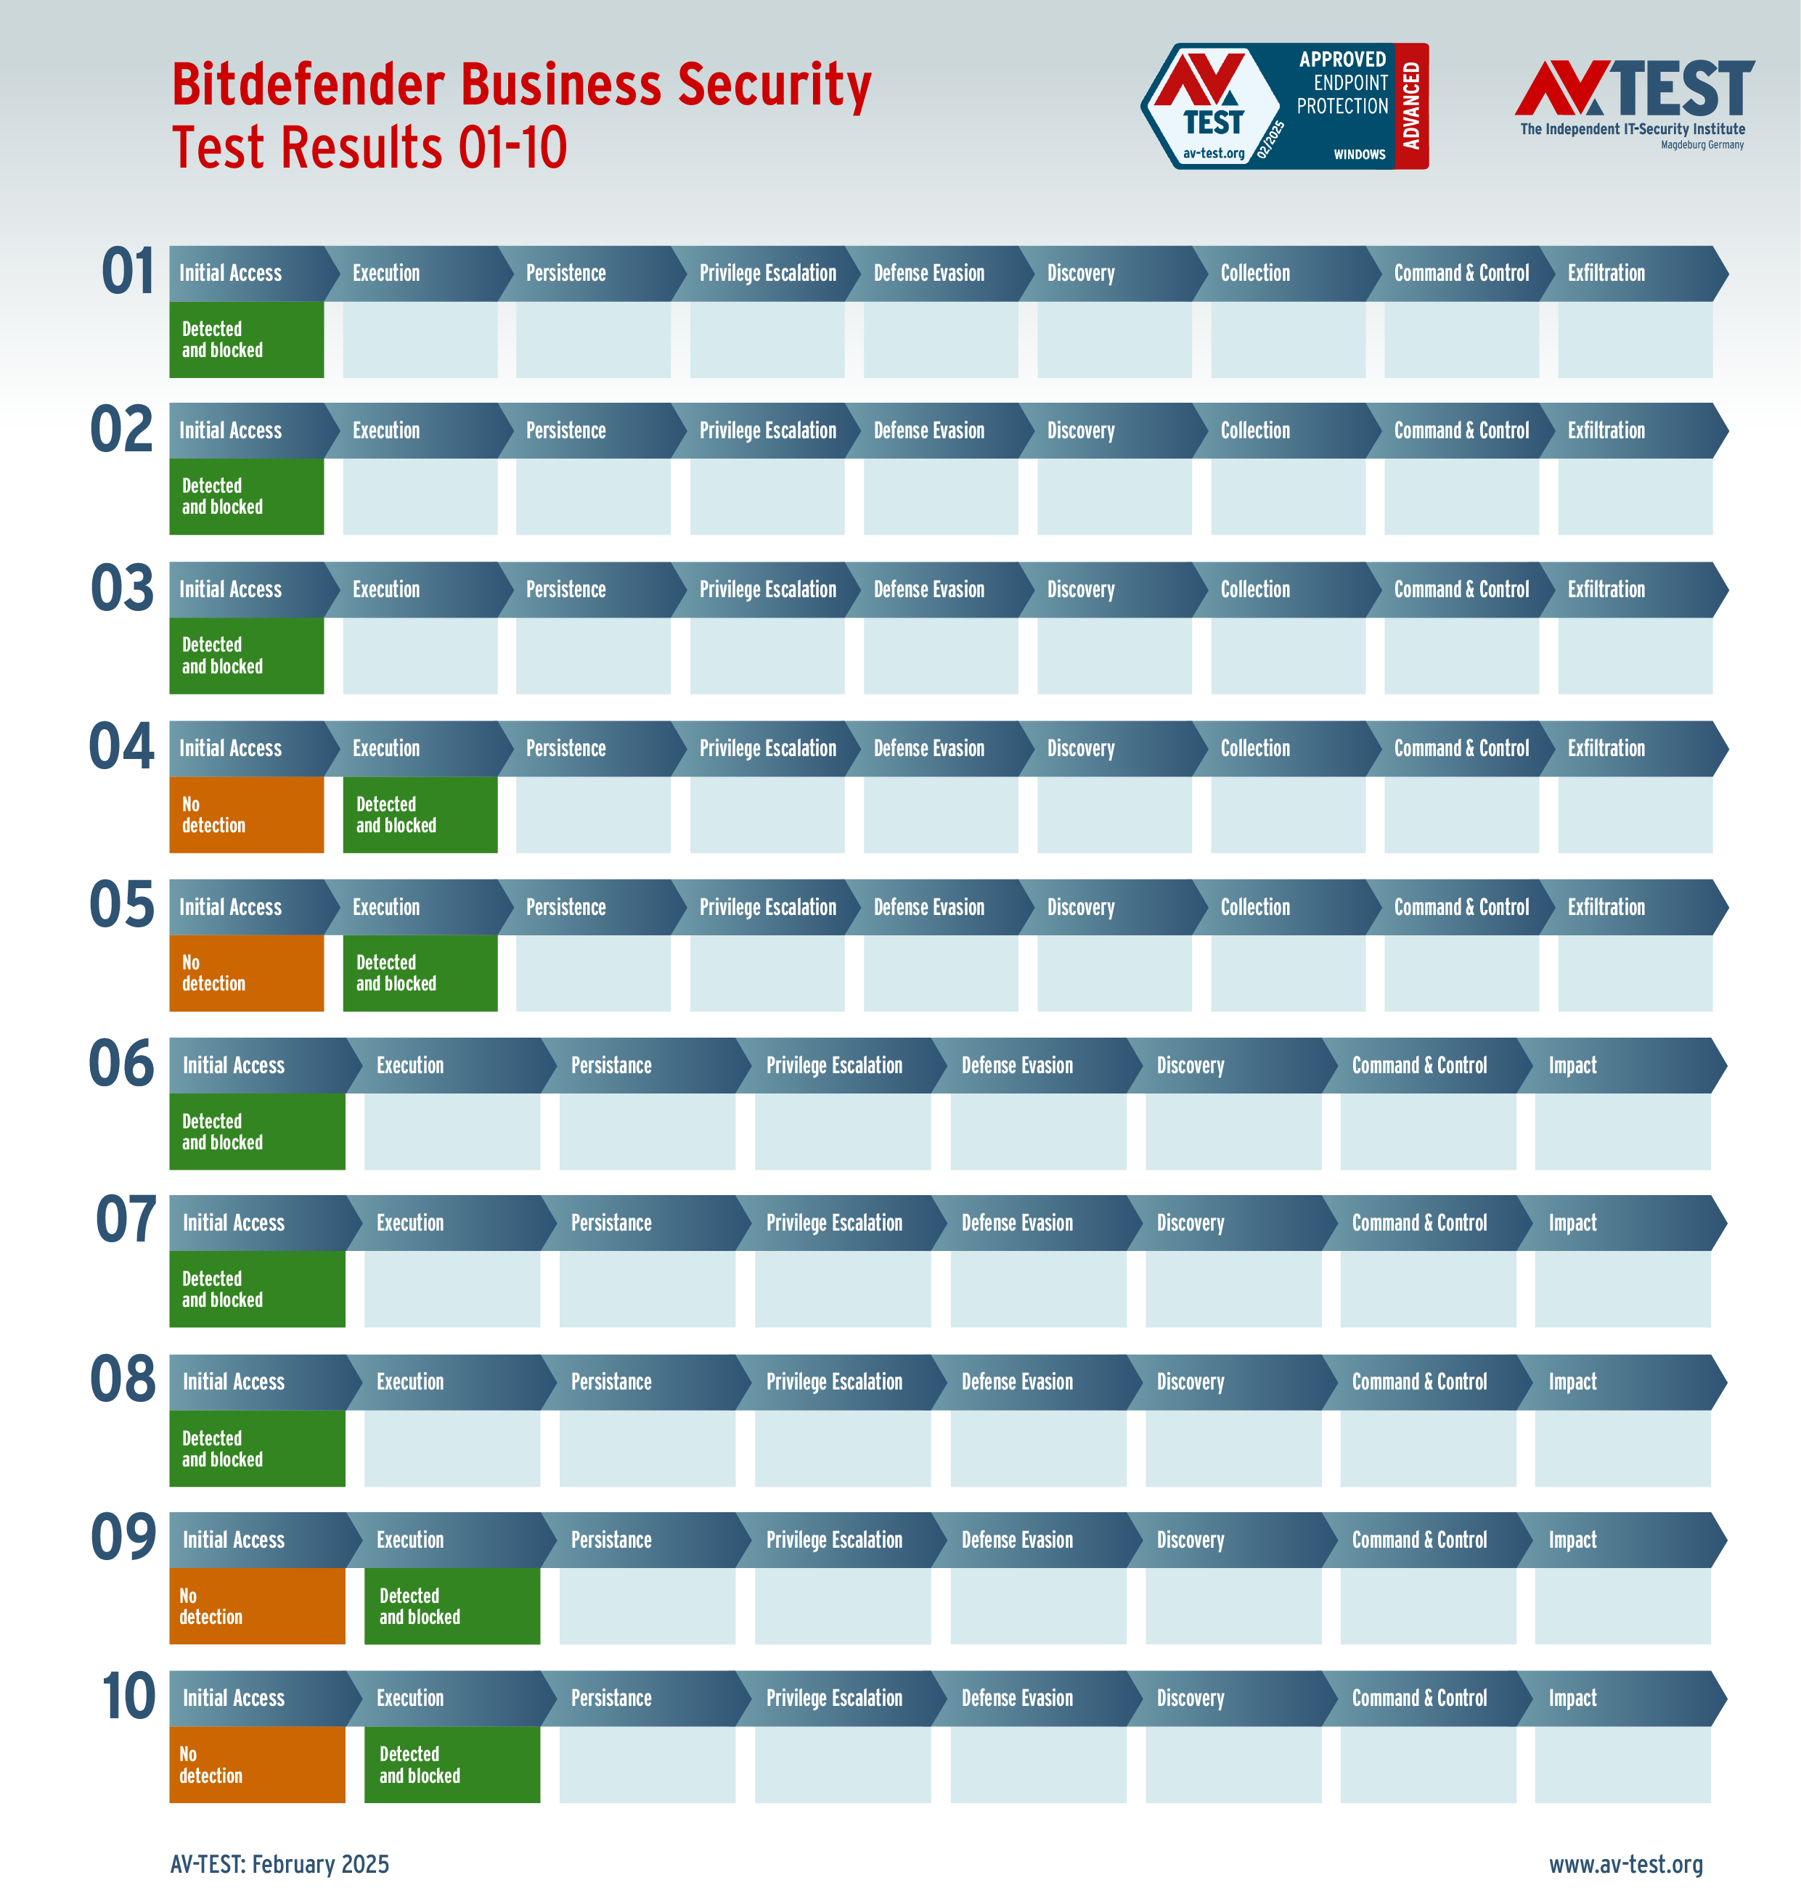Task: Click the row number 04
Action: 121,747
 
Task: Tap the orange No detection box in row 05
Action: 246,973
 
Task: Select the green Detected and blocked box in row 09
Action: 452,1606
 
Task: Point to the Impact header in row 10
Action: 1572,1698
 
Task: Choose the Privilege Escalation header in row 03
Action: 767,589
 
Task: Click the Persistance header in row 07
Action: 610,1223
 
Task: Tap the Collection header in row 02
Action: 1255,431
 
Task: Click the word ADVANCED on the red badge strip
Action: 1410,105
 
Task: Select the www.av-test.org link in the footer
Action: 1625,1863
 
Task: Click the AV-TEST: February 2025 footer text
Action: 279,1863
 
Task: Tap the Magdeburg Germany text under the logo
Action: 1702,145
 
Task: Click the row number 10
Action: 128,1696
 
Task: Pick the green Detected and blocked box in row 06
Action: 256,1131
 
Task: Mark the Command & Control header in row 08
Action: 1419,1382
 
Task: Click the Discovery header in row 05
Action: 1080,907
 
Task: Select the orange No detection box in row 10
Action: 256,1764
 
